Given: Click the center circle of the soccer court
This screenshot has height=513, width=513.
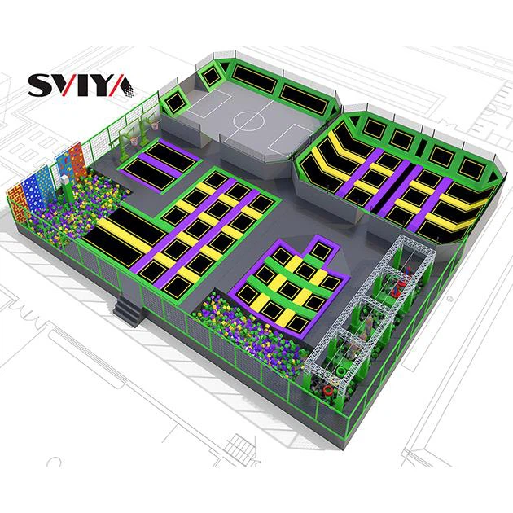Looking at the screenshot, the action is pos(248,121).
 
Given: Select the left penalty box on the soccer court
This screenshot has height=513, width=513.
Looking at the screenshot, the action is pos(210,103).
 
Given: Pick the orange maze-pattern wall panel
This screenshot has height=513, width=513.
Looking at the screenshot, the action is pos(17,205).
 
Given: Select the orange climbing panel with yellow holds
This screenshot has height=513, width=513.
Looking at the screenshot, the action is pos(78,161).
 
